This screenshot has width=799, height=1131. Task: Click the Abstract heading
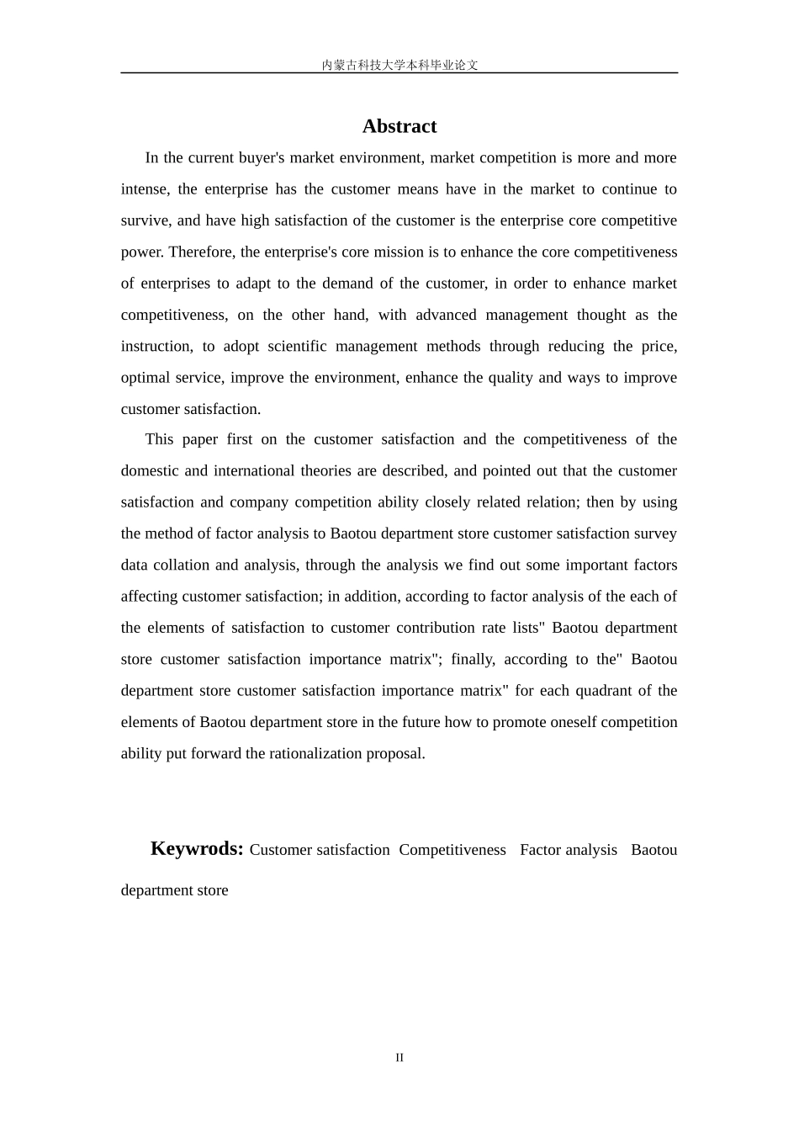[399, 126]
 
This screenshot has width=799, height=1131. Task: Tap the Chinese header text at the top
[399, 65]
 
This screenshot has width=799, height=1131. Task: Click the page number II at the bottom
[399, 1058]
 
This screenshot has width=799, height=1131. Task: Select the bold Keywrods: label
[197, 848]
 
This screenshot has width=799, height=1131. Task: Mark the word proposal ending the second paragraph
[395, 754]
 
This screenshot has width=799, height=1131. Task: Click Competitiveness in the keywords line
[452, 850]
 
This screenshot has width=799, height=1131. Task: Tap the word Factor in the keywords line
[541, 850]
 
